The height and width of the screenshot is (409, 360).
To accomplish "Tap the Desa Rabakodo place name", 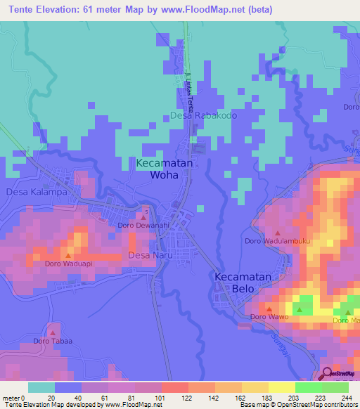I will [203, 115].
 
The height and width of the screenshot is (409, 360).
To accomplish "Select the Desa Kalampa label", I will [31, 191].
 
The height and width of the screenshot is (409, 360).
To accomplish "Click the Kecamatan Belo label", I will [243, 284].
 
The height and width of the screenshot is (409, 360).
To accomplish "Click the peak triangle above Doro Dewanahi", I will [143, 217].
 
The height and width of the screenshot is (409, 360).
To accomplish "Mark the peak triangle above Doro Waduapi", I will [68, 256].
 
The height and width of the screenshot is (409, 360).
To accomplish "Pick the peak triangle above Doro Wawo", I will [269, 309].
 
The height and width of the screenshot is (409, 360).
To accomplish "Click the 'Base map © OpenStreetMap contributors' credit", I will [301, 405].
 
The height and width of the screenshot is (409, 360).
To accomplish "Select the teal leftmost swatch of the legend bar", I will [41, 387].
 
